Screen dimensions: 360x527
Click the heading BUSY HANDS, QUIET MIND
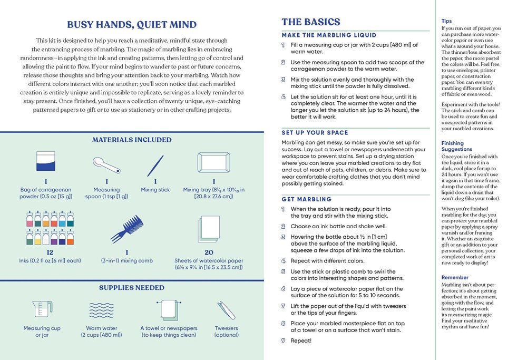point(132,24)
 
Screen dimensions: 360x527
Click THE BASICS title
point(310,22)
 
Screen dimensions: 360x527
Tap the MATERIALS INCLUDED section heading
point(132,140)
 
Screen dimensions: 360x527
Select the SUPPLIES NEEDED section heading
point(132,288)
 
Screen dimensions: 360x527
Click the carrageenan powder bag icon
point(46,162)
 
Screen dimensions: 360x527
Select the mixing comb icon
point(126,230)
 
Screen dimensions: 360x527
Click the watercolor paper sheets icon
point(208,229)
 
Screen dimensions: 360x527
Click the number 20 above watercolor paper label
point(208,252)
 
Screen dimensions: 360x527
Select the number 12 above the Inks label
point(50,252)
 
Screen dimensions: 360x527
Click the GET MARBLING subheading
point(306,199)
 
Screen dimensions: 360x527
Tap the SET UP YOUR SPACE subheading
point(315,132)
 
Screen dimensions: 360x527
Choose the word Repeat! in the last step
point(301,340)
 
